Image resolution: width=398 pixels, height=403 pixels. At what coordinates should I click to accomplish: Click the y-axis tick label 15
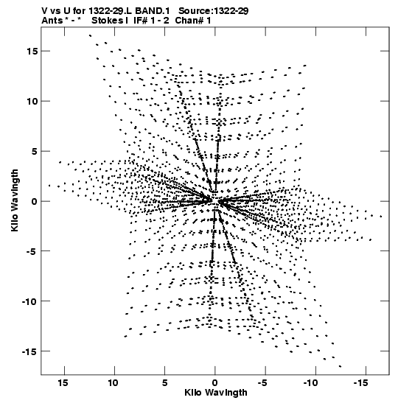(x=32, y=51)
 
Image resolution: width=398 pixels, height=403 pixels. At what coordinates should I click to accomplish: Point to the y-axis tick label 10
(x=32, y=101)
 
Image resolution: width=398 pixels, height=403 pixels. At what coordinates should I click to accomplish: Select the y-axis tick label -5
(x=32, y=250)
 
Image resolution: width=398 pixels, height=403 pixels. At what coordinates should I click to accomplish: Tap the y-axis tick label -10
(x=29, y=301)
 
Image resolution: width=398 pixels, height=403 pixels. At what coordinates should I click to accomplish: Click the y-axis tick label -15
(x=29, y=351)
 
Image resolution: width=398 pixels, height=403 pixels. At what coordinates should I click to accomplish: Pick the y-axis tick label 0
(x=35, y=202)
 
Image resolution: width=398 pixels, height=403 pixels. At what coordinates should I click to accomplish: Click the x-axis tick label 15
(x=63, y=383)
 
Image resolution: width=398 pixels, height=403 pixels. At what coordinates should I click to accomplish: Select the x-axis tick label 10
(x=113, y=383)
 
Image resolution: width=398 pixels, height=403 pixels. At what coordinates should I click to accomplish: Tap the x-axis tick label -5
(x=262, y=383)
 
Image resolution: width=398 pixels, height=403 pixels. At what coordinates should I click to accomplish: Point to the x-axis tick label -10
(x=312, y=383)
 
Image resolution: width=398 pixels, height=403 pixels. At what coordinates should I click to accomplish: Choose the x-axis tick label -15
(x=362, y=383)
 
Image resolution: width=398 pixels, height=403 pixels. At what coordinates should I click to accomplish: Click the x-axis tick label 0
(x=215, y=383)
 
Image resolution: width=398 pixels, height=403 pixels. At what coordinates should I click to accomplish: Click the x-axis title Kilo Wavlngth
(x=216, y=393)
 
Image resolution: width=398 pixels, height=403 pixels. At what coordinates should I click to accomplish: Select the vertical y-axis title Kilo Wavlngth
(x=15, y=200)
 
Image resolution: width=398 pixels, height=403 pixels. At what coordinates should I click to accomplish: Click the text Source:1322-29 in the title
(x=214, y=11)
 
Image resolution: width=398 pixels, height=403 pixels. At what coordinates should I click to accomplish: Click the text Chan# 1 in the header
(x=193, y=21)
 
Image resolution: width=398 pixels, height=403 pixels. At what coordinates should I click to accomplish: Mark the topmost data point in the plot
(x=90, y=35)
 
